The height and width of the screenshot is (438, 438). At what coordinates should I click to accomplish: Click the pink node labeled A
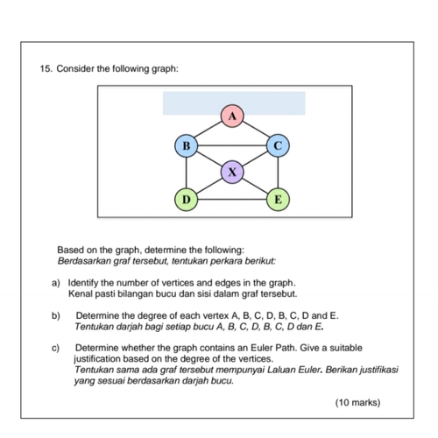tap(232, 117)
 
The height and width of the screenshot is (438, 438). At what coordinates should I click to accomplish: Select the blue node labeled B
tap(187, 145)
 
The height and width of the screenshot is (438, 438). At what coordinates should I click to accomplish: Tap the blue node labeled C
tap(278, 145)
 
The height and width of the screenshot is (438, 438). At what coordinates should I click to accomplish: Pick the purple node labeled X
tap(232, 173)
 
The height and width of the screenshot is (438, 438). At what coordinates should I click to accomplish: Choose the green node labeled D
tap(187, 200)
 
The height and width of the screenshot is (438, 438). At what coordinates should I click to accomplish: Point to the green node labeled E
tap(278, 200)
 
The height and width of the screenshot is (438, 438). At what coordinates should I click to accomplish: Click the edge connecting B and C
tap(232, 145)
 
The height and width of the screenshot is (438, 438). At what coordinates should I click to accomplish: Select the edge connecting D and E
tap(232, 200)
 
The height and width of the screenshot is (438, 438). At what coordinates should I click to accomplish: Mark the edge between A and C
tap(255, 130)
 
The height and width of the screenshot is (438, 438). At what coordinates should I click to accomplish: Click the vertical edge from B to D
tap(187, 173)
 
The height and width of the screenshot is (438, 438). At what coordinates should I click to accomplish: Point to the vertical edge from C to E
tap(278, 173)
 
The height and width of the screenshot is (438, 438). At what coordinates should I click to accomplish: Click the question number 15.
tap(46, 69)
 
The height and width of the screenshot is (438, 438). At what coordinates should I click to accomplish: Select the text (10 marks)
tap(357, 403)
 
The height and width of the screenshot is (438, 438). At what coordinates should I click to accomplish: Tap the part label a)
tap(56, 283)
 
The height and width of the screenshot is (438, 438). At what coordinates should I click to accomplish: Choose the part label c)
tap(55, 348)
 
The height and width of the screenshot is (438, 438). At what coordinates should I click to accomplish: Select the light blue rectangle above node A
tap(234, 103)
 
